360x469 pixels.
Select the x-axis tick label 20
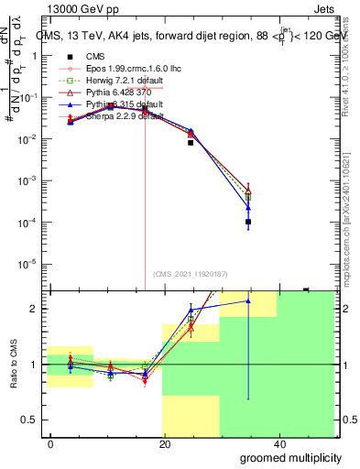click(x=165, y=443)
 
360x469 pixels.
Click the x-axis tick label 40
click(x=279, y=443)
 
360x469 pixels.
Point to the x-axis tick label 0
click(x=51, y=443)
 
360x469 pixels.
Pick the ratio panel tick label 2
click(x=34, y=309)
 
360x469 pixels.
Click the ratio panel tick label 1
click(x=34, y=365)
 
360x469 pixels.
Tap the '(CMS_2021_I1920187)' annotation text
click(x=191, y=273)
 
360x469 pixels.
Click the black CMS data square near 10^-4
click(x=248, y=222)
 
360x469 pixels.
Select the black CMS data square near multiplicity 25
click(x=191, y=143)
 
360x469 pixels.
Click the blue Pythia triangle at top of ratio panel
click(x=248, y=300)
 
